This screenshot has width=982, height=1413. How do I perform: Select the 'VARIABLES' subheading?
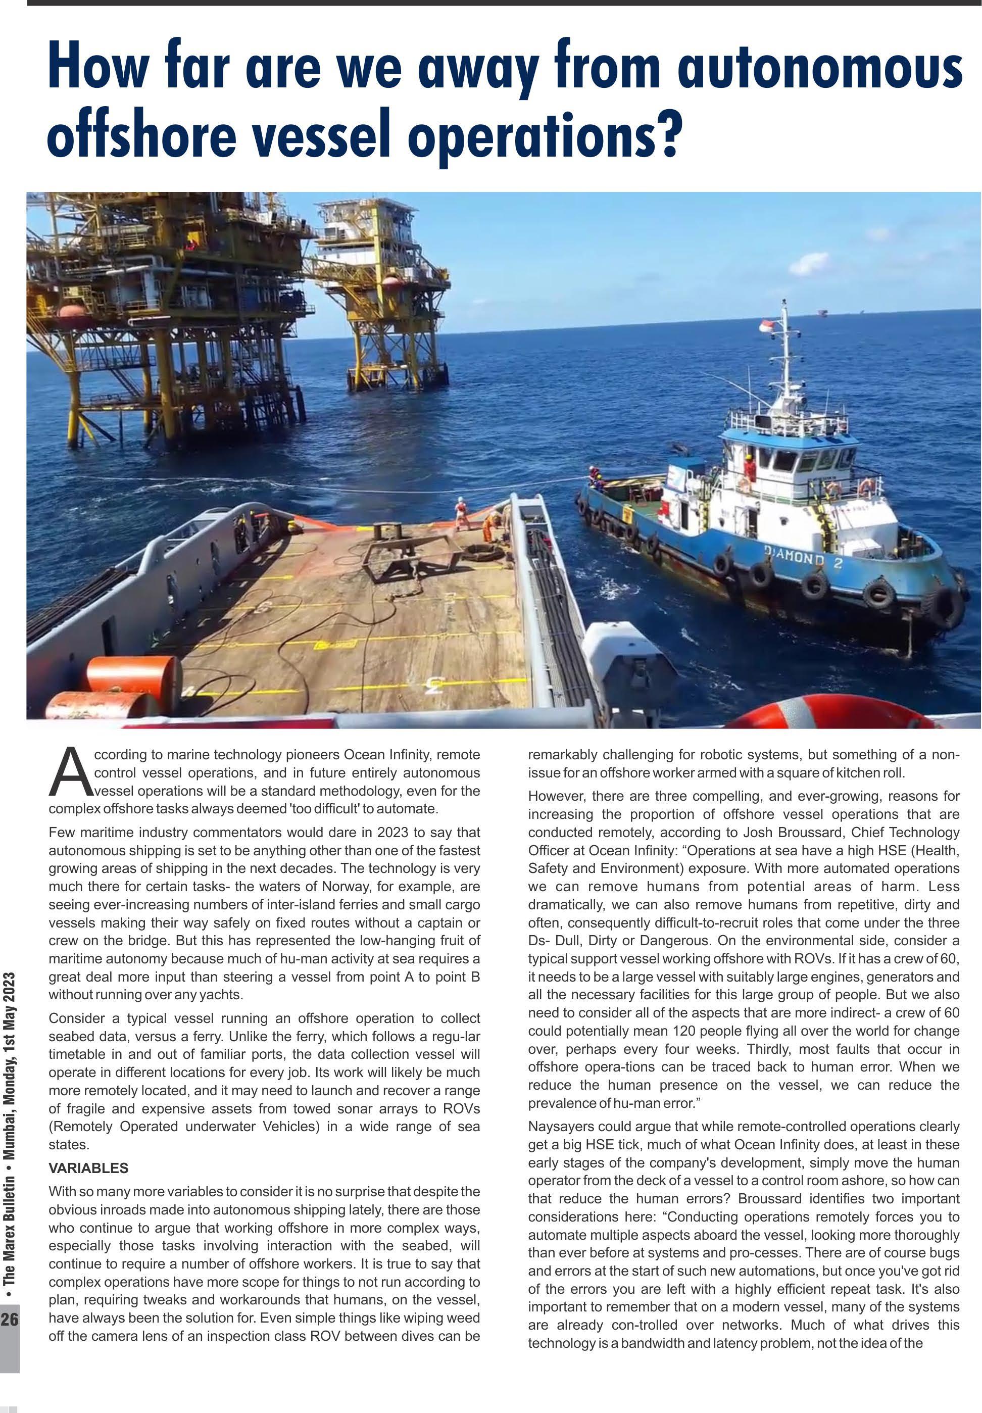pyautogui.click(x=88, y=1167)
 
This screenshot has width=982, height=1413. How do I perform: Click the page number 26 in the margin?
pyautogui.click(x=10, y=1320)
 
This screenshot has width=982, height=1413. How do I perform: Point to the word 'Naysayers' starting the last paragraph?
pyautogui.click(x=558, y=1127)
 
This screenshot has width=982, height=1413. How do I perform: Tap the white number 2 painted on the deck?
pyautogui.click(x=435, y=685)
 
